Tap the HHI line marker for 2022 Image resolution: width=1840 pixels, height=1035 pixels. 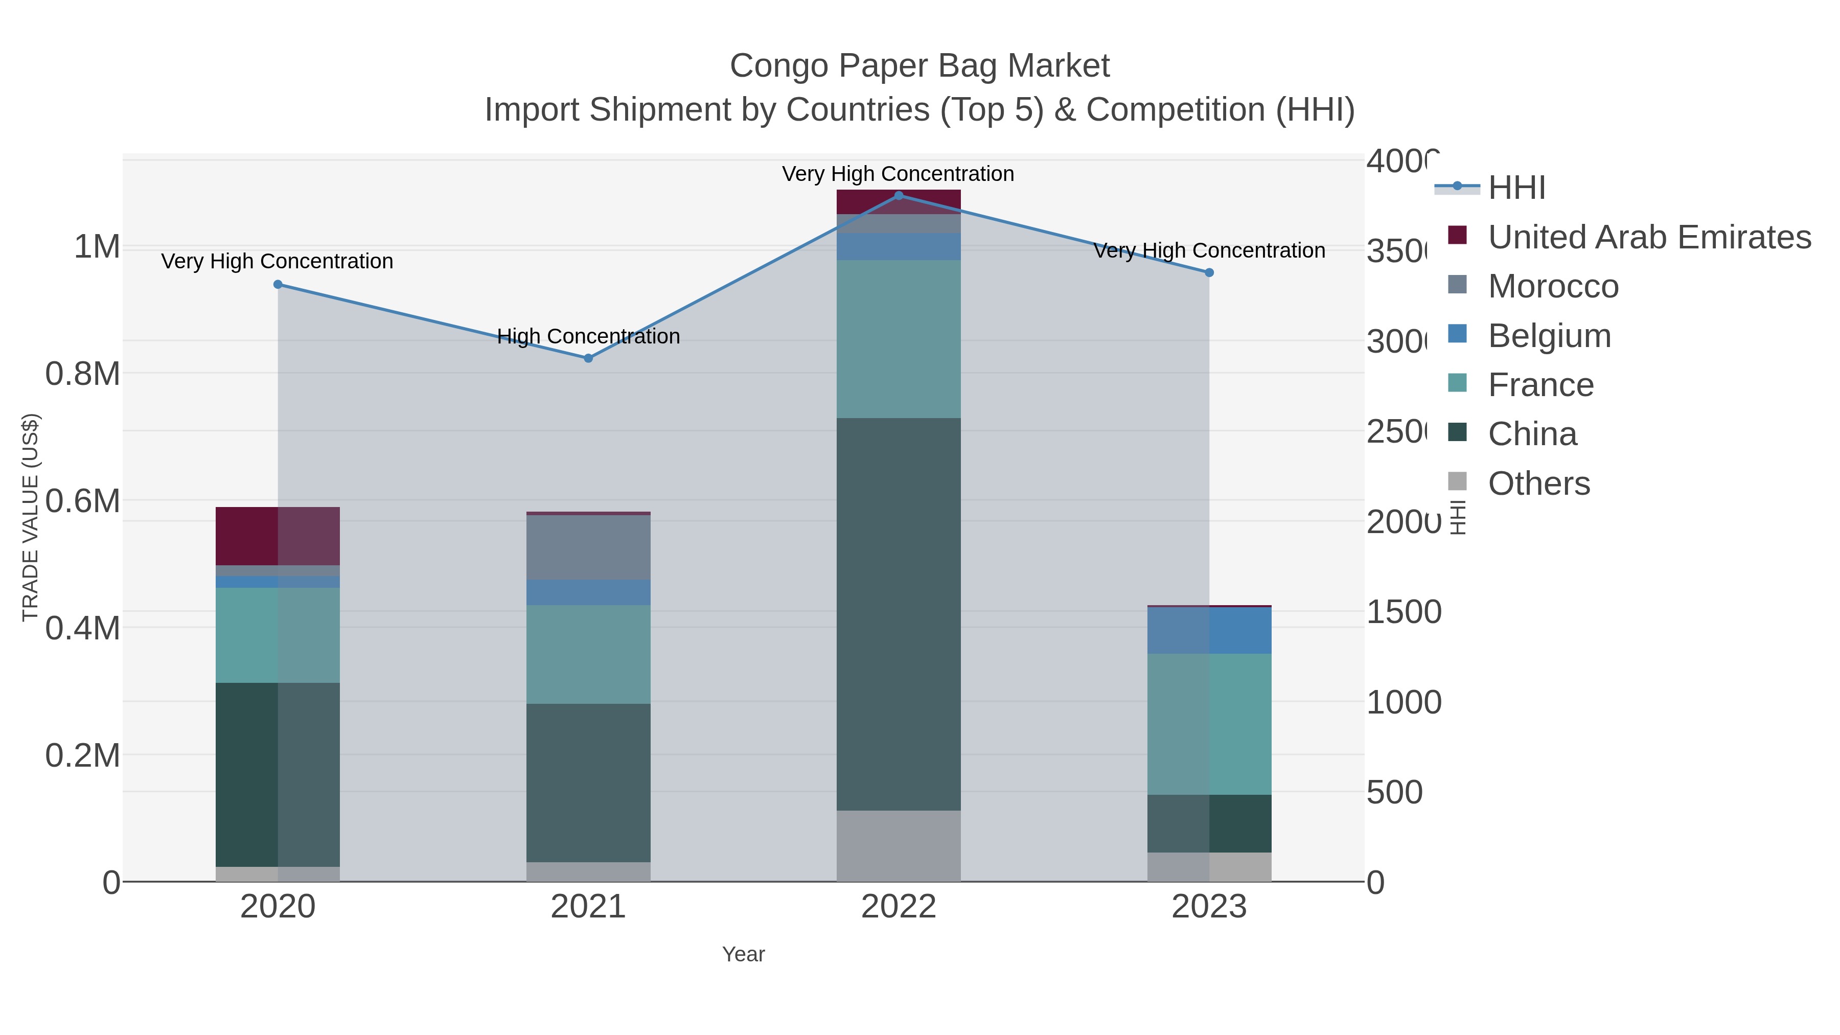[899, 195]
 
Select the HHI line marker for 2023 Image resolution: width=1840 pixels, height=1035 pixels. [1209, 272]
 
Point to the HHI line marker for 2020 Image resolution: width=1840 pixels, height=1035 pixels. [278, 284]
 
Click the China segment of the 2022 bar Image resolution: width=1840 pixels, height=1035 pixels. [899, 614]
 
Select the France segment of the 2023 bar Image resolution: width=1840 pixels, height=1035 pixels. [1209, 724]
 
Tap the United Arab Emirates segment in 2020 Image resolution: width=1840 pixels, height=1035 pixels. [278, 536]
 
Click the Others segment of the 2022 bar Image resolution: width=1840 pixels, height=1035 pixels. [899, 846]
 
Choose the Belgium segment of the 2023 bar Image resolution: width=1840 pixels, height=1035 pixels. [1209, 630]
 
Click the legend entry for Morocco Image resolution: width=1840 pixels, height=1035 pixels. [1552, 286]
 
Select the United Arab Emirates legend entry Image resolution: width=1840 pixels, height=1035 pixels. [1648, 237]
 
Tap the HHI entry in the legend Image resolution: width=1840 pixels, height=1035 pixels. [1516, 188]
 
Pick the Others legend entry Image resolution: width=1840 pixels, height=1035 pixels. [1538, 484]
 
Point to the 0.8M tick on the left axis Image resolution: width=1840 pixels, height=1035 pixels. [82, 374]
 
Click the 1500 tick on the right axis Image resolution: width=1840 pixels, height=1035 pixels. [1403, 612]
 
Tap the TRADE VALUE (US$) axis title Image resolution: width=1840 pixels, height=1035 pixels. [31, 517]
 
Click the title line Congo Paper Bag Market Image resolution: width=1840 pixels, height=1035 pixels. [919, 66]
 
